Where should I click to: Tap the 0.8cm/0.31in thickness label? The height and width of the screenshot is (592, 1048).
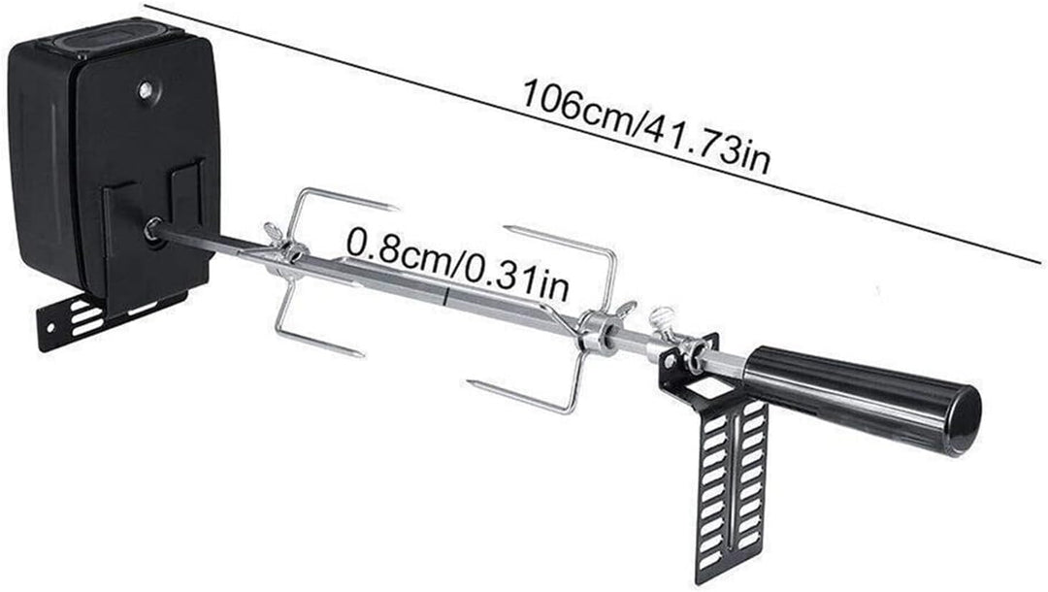pos(458,264)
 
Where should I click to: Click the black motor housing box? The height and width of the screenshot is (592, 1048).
pos(114,160)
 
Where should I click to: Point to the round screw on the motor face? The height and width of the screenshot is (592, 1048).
pos(145,90)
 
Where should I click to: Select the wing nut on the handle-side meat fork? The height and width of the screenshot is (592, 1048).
pos(626,310)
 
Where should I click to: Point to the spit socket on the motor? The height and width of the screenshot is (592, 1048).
pos(153,230)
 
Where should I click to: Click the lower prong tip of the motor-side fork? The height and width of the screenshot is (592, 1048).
pos(360,353)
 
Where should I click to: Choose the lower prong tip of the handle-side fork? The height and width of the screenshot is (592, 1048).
pos(474,383)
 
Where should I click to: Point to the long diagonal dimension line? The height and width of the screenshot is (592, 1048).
pos(593,134)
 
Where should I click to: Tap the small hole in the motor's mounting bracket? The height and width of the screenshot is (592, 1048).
pos(50,328)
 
